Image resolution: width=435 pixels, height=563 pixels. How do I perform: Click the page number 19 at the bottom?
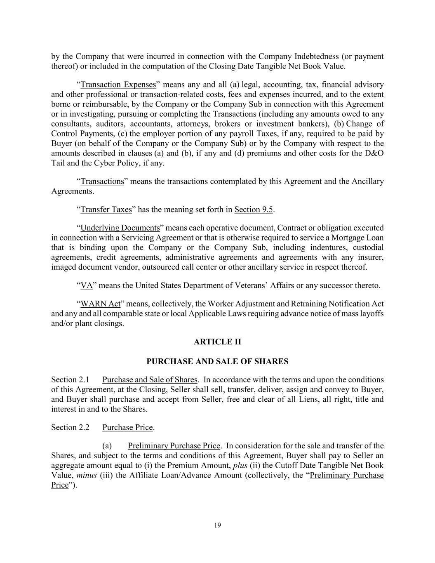(218, 525)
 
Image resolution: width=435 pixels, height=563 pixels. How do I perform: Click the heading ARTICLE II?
(217, 342)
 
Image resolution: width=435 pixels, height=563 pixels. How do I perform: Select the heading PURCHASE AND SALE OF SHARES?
(217, 361)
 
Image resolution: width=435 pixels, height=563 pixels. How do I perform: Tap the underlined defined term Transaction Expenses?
(118, 85)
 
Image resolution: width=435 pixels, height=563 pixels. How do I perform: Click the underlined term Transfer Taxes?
(106, 210)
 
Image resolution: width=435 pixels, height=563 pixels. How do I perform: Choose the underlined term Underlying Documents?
(120, 228)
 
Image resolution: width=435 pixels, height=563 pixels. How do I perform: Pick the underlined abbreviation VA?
(87, 285)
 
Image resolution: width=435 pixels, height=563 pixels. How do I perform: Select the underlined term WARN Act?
(100, 304)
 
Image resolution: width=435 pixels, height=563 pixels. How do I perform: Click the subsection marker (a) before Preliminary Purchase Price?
(107, 445)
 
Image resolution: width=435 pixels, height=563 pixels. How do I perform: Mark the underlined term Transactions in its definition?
(102, 181)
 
